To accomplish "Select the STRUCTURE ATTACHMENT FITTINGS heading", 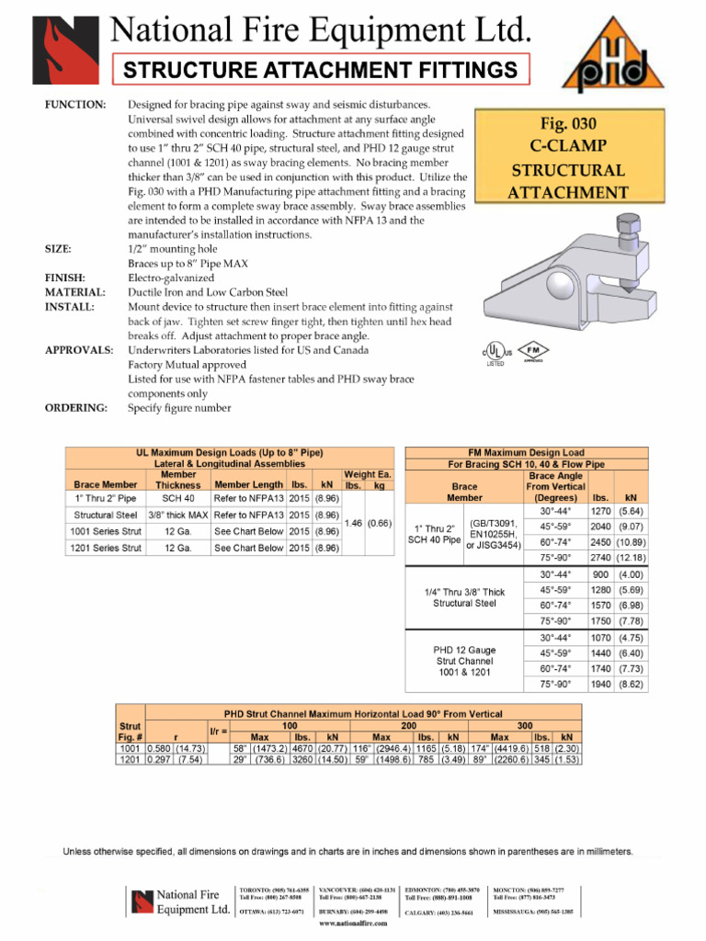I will click(321, 70).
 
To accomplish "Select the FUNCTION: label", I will click(75, 105).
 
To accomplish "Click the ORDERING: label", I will click(77, 408).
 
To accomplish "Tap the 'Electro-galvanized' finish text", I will click(171, 278).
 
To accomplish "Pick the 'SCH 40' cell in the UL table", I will click(176, 498).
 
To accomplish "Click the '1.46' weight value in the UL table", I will click(354, 523).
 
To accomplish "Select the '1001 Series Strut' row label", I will click(106, 531).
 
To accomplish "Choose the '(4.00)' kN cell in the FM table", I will click(631, 574).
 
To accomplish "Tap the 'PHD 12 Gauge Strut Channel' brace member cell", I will click(464, 661).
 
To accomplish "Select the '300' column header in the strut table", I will click(524, 725).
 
